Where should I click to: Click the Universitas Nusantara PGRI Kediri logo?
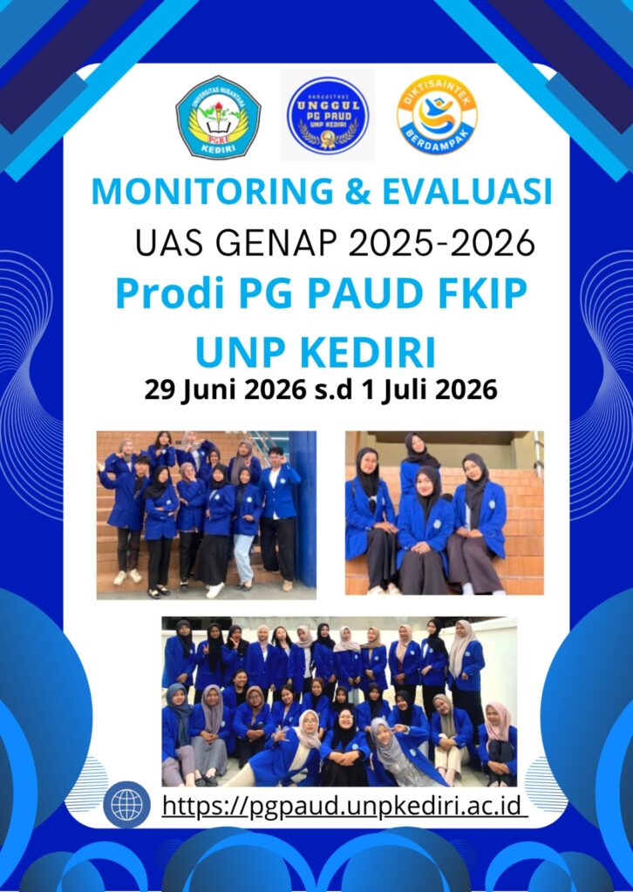click(x=218, y=118)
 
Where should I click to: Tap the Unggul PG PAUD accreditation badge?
click(x=328, y=116)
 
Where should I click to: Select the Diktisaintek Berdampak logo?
click(x=437, y=115)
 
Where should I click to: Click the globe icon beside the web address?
click(x=126, y=805)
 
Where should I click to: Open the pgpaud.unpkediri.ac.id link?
click(x=344, y=806)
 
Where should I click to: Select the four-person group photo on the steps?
click(x=444, y=512)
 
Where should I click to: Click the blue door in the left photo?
click(x=303, y=509)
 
